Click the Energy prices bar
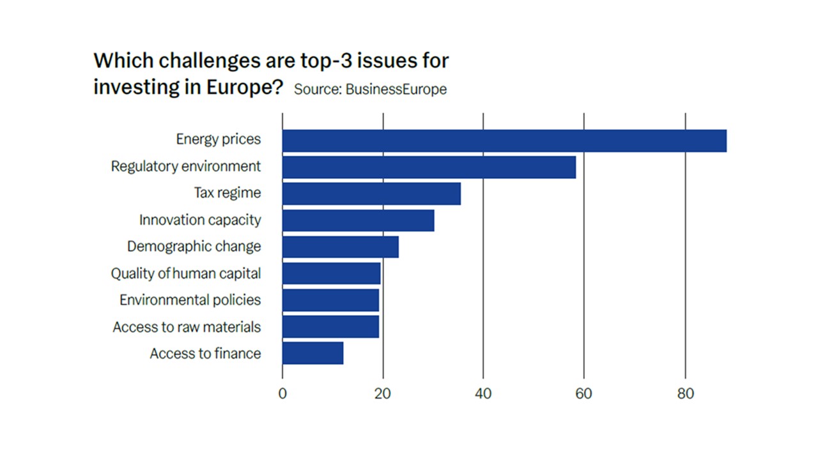(504, 141)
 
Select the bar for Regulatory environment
(429, 167)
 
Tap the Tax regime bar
(371, 194)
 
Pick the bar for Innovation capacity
(358, 220)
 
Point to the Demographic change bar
(340, 247)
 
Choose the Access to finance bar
(313, 353)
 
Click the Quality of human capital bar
(331, 273)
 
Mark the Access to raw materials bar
(330, 326)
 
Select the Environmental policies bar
(330, 300)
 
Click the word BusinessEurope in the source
(396, 89)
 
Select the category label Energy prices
(219, 139)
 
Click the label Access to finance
(205, 353)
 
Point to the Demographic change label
(194, 247)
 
